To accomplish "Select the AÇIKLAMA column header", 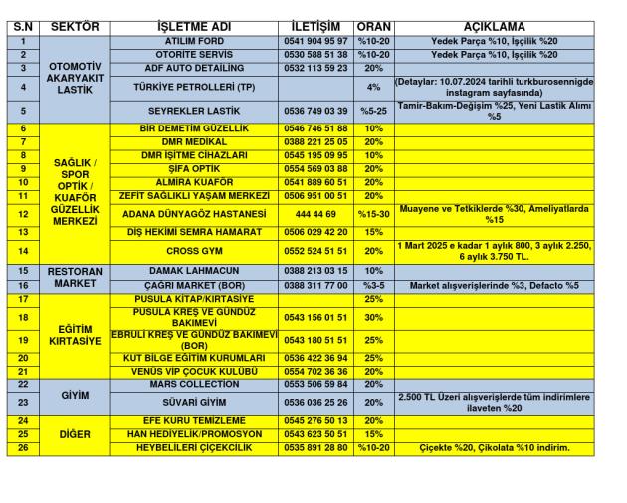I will [494, 26].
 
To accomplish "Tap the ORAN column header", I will [374, 26].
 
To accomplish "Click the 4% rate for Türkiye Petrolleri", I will [374, 87].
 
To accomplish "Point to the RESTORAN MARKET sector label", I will [75, 277].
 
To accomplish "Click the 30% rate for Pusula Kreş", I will [374, 317].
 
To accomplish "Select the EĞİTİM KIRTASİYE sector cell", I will [75, 334].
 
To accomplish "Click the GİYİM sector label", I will [75, 395].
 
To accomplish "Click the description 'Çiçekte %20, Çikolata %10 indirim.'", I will [494, 448].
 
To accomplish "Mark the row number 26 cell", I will [22, 448].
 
